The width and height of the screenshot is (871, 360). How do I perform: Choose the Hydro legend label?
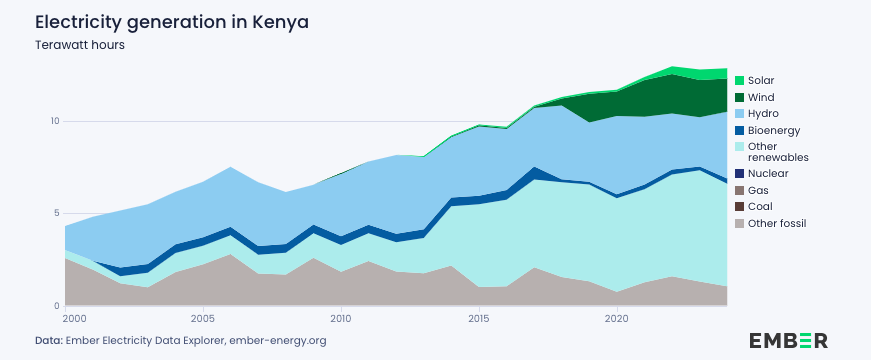click(x=763, y=114)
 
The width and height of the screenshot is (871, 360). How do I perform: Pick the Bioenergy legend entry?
click(x=774, y=130)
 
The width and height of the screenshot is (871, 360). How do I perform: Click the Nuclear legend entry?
click(x=767, y=173)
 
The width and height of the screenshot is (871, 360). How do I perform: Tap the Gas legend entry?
click(x=758, y=190)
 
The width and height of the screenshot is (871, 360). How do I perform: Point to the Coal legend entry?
click(x=760, y=207)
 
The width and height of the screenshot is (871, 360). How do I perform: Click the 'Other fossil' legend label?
click(x=776, y=223)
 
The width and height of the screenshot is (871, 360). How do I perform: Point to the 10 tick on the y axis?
click(x=55, y=121)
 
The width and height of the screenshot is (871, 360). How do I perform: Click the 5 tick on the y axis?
click(x=57, y=213)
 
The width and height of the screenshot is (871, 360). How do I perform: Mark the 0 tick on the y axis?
click(x=57, y=306)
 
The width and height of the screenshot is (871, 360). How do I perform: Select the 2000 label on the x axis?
click(x=72, y=319)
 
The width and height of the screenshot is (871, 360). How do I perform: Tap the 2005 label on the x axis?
click(x=203, y=319)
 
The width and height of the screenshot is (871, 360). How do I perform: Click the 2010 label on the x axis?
click(x=341, y=319)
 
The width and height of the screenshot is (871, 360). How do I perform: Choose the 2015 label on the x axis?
click(x=479, y=319)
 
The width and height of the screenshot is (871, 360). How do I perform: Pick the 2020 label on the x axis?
click(x=617, y=319)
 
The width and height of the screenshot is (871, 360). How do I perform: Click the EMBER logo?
click(x=788, y=340)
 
